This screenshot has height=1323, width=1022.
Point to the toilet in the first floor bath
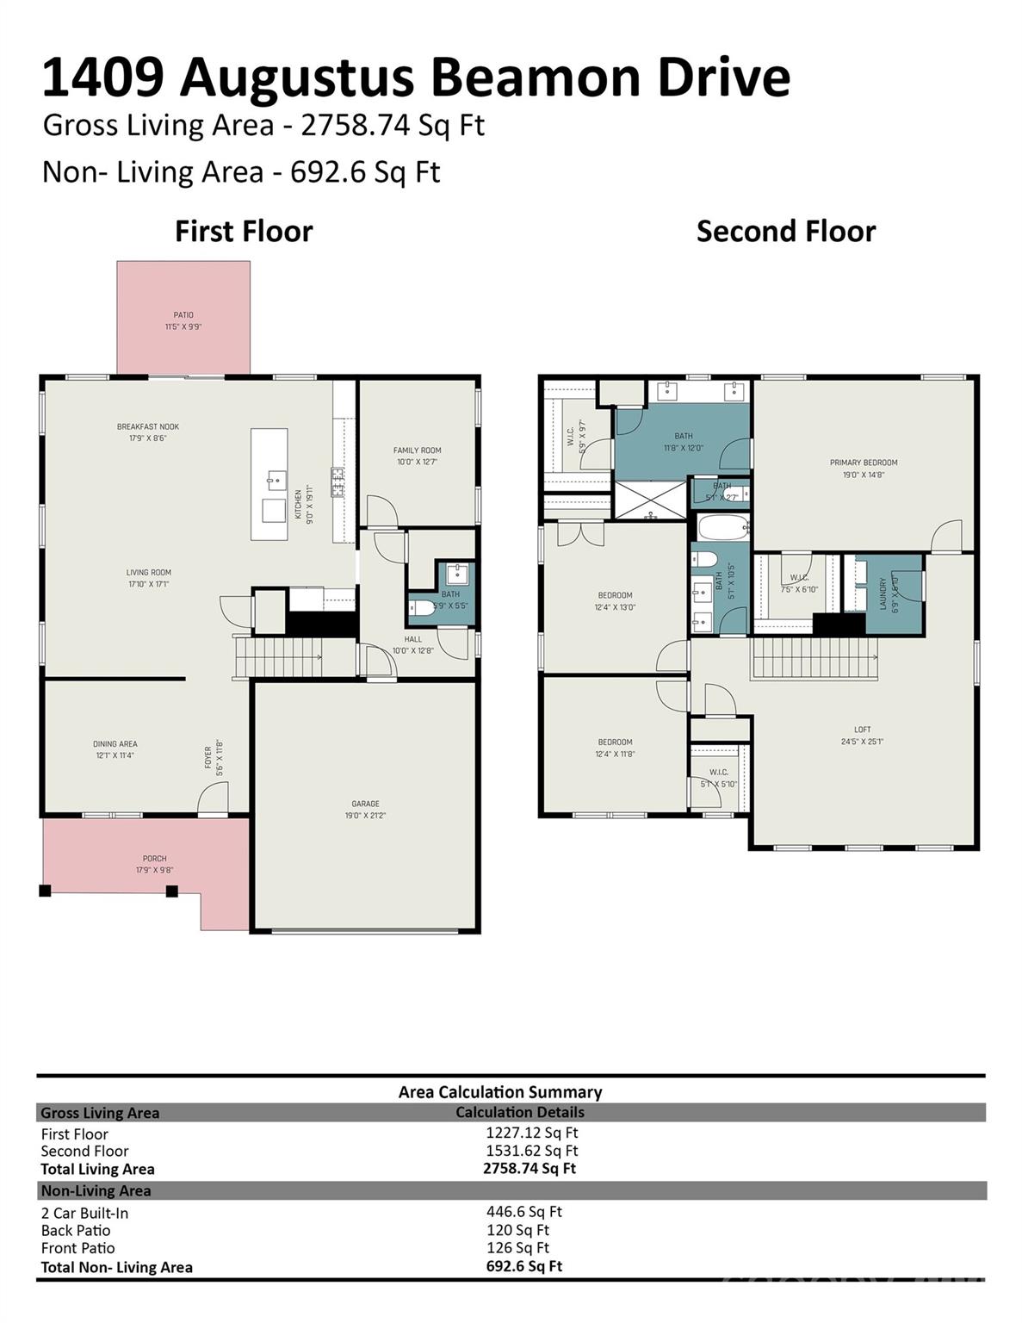pyautogui.click(x=422, y=608)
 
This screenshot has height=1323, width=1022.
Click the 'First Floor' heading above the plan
pyautogui.click(x=244, y=231)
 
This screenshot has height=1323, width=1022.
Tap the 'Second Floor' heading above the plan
pyautogui.click(x=785, y=231)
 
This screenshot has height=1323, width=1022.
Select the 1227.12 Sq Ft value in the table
pyautogui.click(x=531, y=1133)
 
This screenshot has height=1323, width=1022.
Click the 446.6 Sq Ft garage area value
pyautogui.click(x=523, y=1211)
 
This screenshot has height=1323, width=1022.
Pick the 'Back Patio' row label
pyautogui.click(x=76, y=1230)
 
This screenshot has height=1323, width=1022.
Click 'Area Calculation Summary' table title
pyautogui.click(x=499, y=1091)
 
